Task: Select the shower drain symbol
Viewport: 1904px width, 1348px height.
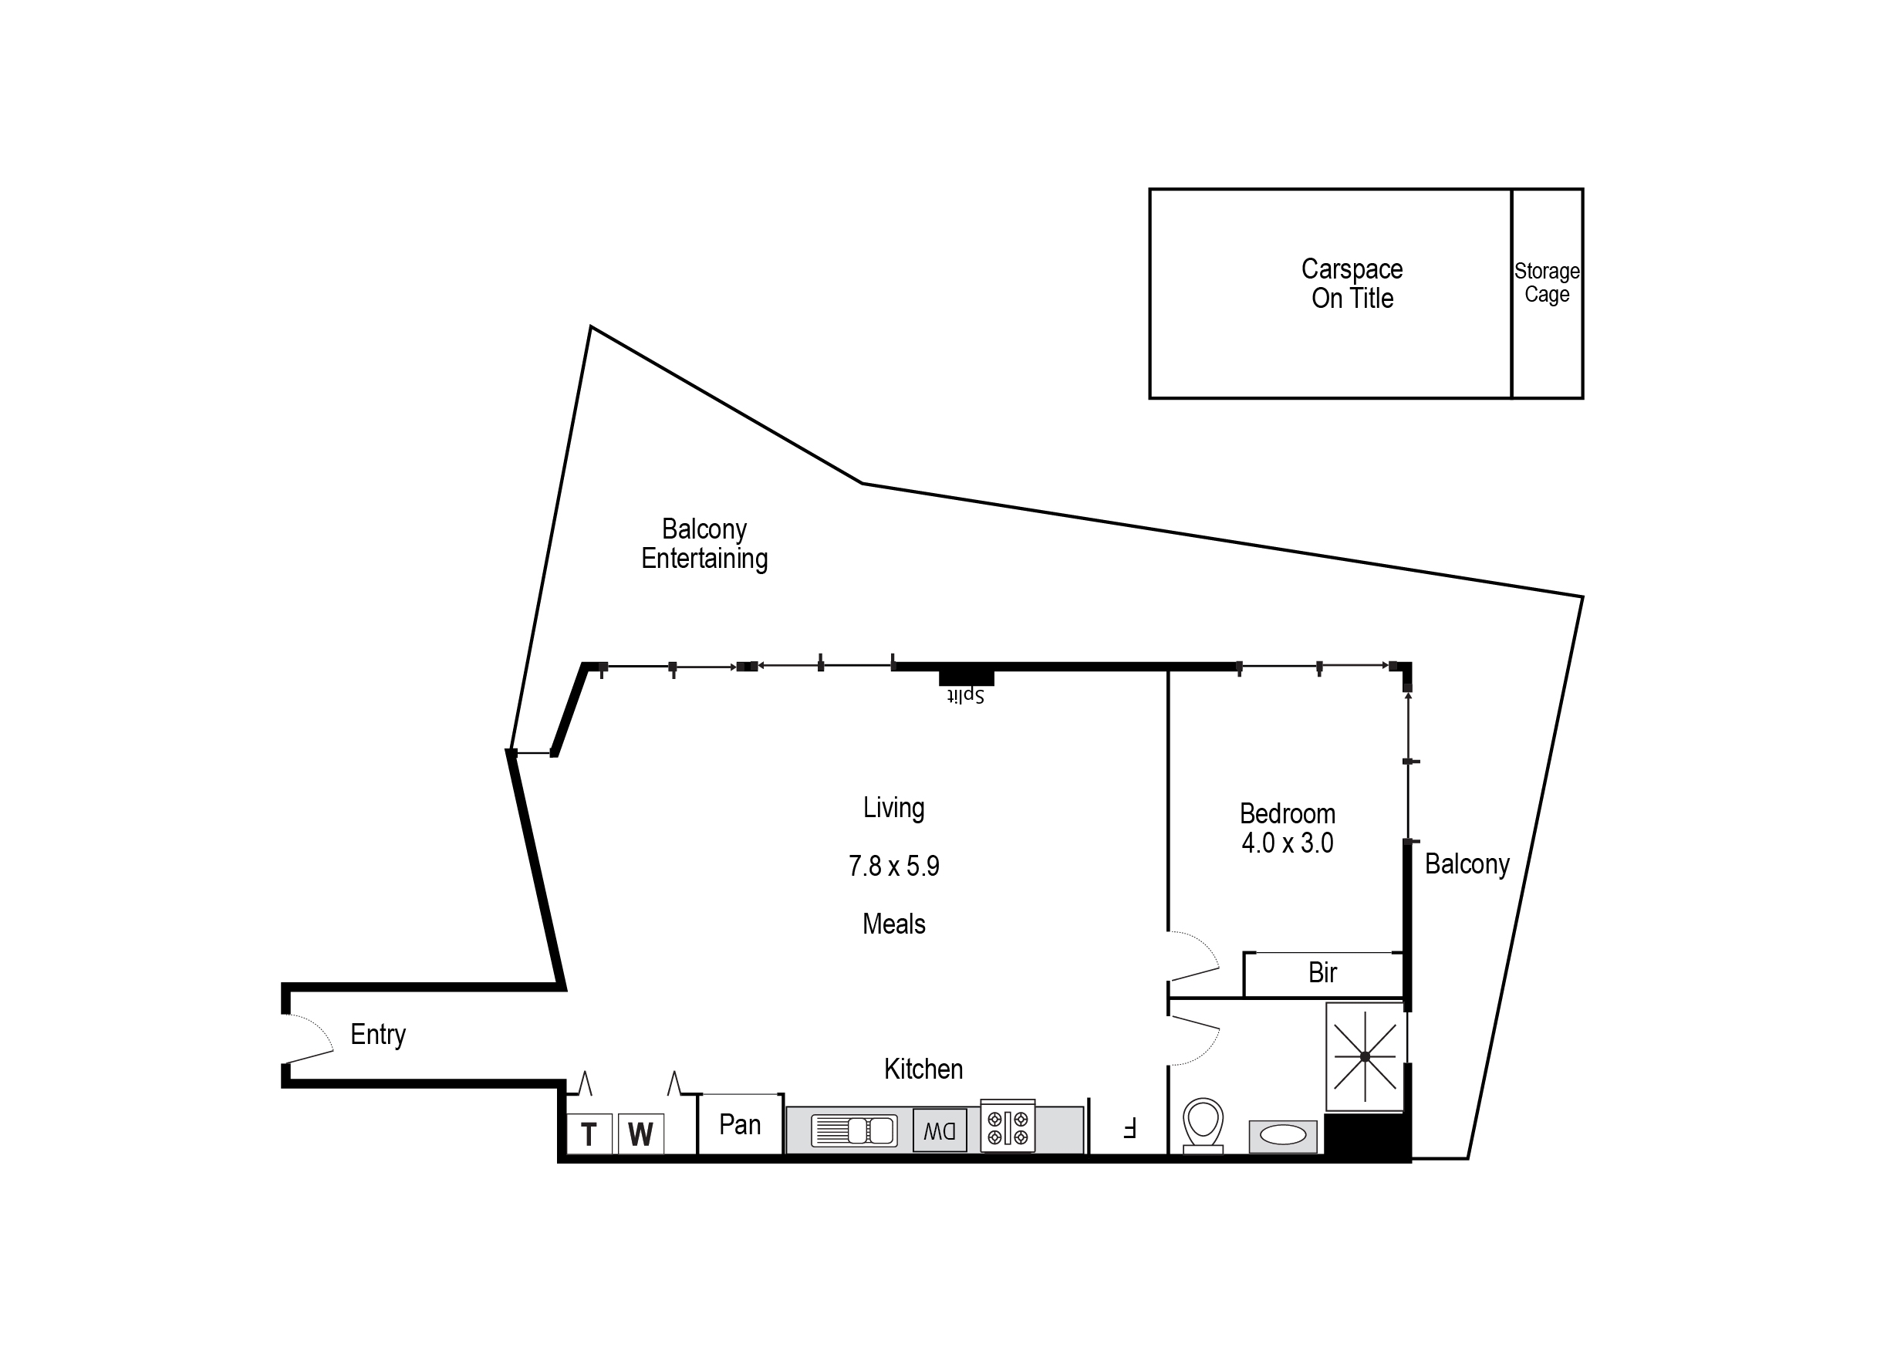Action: tap(1366, 1056)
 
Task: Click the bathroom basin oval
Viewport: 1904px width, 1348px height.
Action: tap(1283, 1136)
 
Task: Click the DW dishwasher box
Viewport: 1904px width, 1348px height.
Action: tap(940, 1130)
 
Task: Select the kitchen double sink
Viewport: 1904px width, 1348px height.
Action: tap(855, 1130)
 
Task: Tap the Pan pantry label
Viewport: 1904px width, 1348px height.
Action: tap(740, 1125)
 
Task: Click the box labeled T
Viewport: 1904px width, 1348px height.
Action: tap(589, 1133)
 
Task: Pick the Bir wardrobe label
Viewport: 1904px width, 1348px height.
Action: tap(1322, 973)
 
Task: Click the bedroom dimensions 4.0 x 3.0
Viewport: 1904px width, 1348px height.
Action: tap(1288, 843)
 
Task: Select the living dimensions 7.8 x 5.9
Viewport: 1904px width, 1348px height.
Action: tap(894, 867)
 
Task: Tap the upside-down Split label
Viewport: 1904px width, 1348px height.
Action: tap(965, 695)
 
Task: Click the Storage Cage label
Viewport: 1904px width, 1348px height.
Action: tap(1546, 283)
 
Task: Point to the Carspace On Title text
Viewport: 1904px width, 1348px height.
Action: tap(1352, 284)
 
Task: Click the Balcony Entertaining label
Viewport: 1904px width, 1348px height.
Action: tap(704, 544)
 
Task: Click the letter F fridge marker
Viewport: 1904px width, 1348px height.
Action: tap(1129, 1128)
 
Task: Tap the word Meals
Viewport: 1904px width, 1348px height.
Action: tap(894, 924)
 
